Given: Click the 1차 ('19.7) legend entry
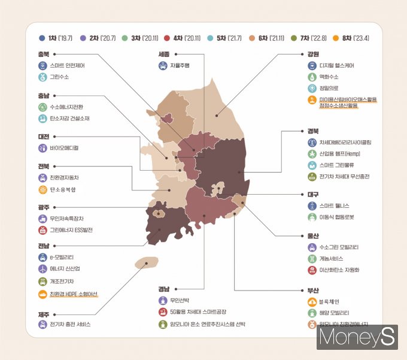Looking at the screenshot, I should pos(56,38).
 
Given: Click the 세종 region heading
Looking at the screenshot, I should pos(163,53).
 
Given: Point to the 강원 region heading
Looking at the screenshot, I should pos(312,53).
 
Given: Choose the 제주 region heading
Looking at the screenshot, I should pos(43,313).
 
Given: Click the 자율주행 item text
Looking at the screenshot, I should pos(180,65).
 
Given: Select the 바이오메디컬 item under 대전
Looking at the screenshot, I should pos(64,147).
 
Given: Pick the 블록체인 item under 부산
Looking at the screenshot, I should pos(330,301).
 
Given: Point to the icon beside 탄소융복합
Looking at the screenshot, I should pos(42,190).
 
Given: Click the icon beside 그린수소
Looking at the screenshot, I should pos(42,77).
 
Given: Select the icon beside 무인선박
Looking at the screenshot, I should pos(163,300).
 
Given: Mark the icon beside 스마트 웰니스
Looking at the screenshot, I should pos(311,205).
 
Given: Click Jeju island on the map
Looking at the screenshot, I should pos(145,263).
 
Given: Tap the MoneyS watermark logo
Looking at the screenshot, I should pos(357,337).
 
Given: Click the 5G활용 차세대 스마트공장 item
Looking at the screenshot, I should pos(198,312).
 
